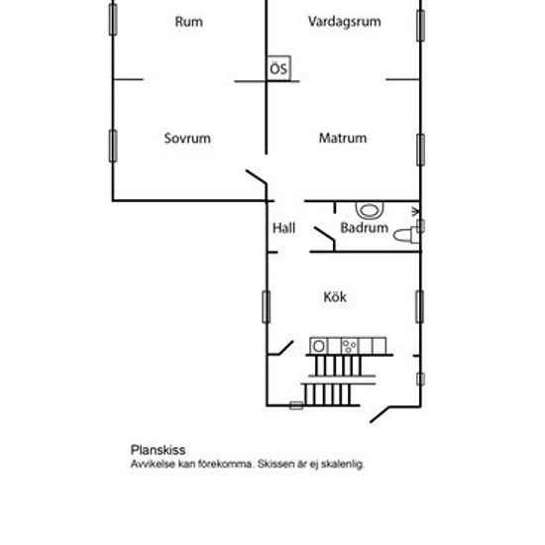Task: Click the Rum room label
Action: coord(188,22)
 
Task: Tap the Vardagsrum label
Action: coord(345,22)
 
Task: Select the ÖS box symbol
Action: coord(278,68)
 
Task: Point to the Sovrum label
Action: coord(187,139)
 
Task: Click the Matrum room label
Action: coord(343,138)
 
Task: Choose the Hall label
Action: coord(284,228)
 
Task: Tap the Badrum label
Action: coord(365,228)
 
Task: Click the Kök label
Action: coord(335,297)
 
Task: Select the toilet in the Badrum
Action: coord(406,235)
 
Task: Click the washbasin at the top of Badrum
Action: coord(370,210)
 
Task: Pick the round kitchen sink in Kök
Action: coord(318,346)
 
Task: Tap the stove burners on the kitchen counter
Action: coord(350,346)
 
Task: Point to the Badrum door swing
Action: coord(326,239)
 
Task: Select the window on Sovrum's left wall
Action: coord(113,146)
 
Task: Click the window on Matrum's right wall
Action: coord(420,150)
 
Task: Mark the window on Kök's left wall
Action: coord(267,307)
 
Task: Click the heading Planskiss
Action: coord(158,450)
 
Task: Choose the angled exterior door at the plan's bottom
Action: coord(381,414)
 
